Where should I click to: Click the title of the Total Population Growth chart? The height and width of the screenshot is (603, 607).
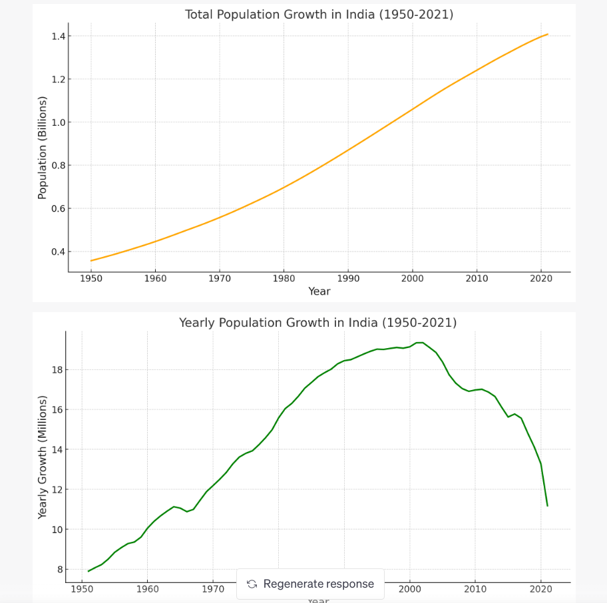pyautogui.click(x=319, y=15)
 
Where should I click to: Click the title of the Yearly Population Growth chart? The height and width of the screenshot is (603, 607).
pyautogui.click(x=317, y=323)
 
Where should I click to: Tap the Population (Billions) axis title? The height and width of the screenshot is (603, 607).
pyautogui.click(x=43, y=148)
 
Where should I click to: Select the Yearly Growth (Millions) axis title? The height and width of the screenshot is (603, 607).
pyautogui.click(x=43, y=457)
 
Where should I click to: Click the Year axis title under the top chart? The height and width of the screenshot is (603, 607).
pyautogui.click(x=319, y=292)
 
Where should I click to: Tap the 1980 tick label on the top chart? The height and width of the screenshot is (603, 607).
pyautogui.click(x=284, y=278)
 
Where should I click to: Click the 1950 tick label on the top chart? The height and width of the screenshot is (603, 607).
pyautogui.click(x=91, y=278)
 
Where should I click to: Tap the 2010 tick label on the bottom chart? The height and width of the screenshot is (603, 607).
pyautogui.click(x=475, y=589)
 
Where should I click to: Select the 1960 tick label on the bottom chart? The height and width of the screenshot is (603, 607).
pyautogui.click(x=147, y=589)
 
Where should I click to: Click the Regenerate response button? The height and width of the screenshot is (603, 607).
pyautogui.click(x=310, y=584)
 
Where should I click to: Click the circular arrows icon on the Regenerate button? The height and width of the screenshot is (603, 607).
pyautogui.click(x=252, y=584)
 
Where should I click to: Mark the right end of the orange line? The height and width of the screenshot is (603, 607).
pyautogui.click(x=548, y=34)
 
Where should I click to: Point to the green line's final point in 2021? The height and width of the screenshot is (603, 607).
pyautogui.click(x=547, y=506)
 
